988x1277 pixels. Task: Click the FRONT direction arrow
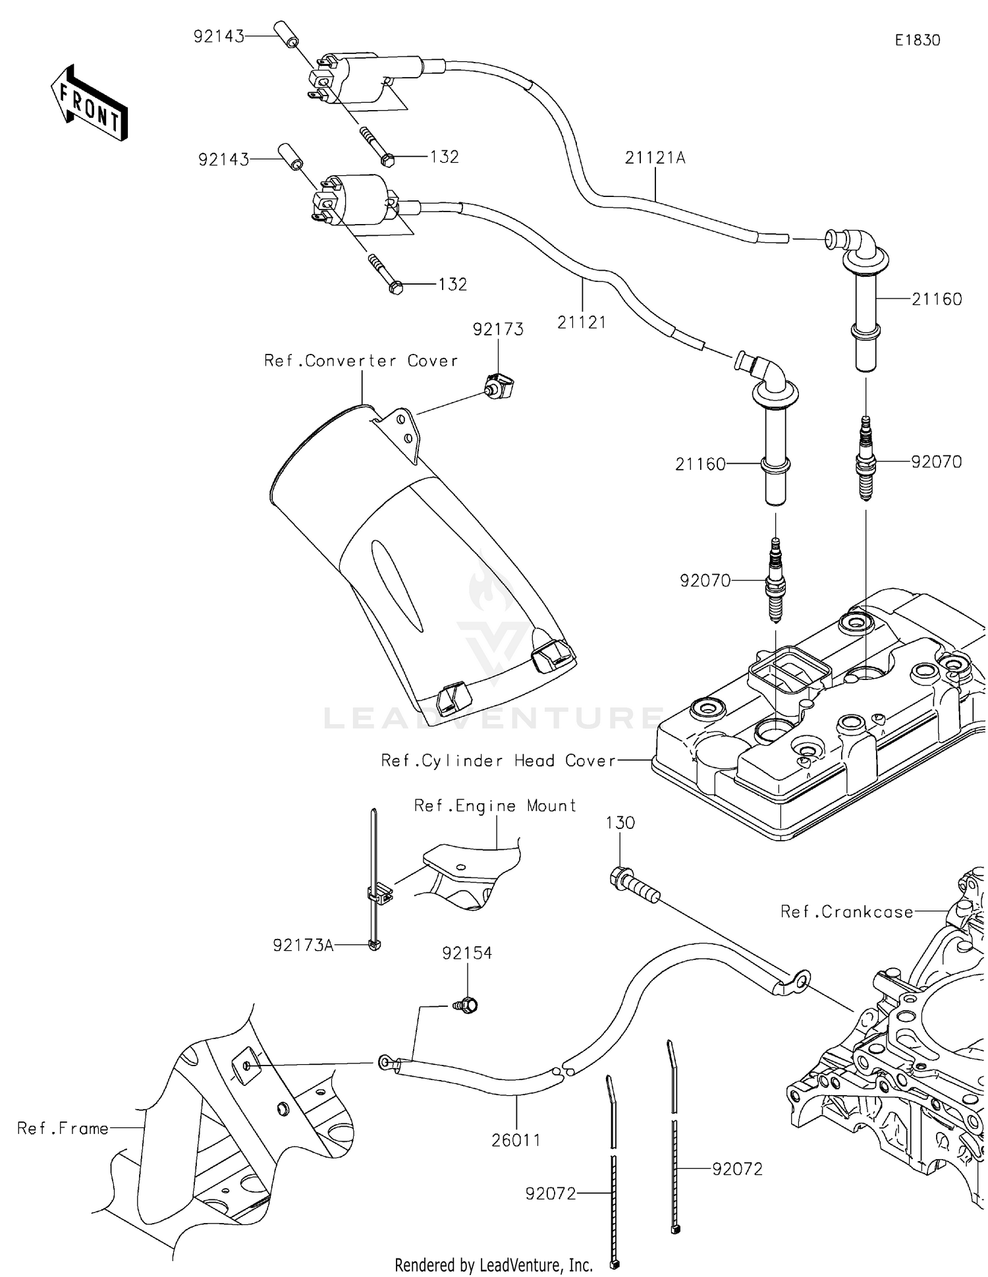point(90,103)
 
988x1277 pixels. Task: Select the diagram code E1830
point(917,40)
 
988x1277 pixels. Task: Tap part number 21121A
point(655,158)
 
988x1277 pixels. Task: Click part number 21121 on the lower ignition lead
point(581,322)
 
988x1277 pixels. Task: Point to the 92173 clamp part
point(499,385)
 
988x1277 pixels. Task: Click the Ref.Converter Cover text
point(360,361)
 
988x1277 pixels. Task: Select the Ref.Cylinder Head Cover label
point(498,761)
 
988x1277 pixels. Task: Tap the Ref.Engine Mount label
point(495,806)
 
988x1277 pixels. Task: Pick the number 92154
point(467,953)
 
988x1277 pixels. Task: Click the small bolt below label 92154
point(466,1006)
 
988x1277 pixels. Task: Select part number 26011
point(516,1140)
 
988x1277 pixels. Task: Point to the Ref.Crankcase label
point(846,912)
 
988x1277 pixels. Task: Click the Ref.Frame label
point(63,1129)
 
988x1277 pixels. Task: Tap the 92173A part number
point(303,946)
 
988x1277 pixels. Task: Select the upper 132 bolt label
point(444,157)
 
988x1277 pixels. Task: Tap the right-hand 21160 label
point(937,299)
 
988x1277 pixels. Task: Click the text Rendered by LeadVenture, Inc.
point(493,1265)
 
